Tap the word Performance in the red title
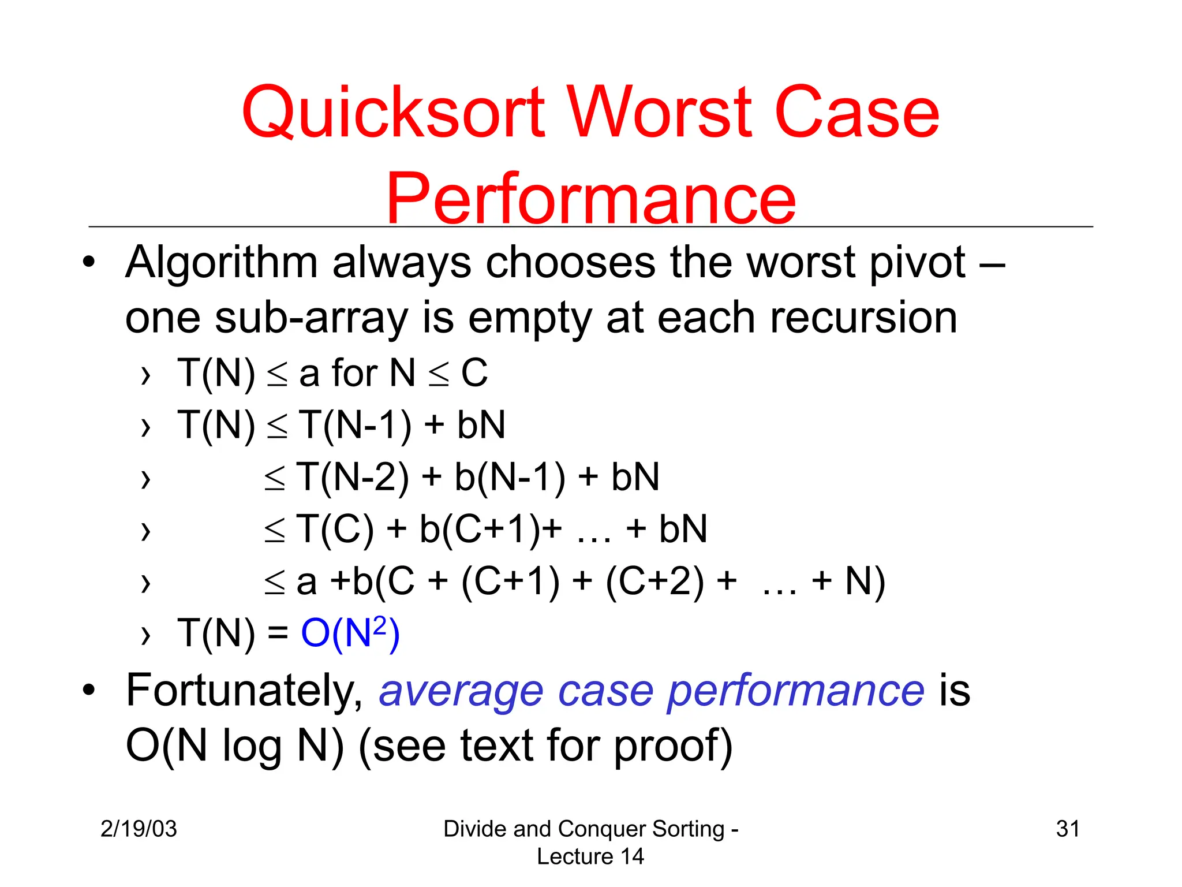[x=590, y=199]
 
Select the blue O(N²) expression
[x=350, y=633]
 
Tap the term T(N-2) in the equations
[x=353, y=478]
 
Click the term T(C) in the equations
[x=335, y=530]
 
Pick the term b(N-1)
[x=510, y=478]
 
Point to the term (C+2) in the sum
[x=655, y=582]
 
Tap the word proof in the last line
[x=672, y=747]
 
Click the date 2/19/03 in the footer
[x=139, y=829]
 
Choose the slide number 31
[x=1068, y=829]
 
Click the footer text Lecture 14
[x=590, y=856]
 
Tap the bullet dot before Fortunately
[x=88, y=690]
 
